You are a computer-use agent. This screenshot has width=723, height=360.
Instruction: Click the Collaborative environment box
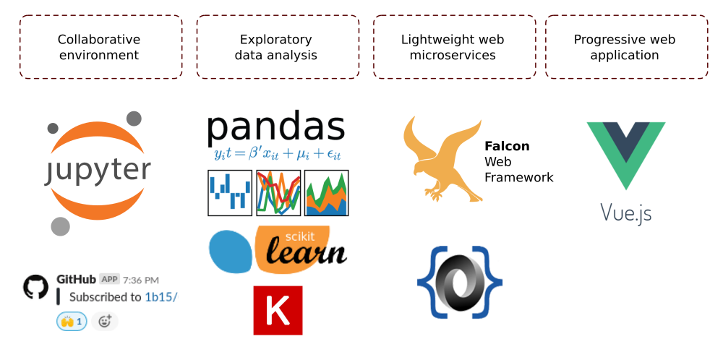click(100, 47)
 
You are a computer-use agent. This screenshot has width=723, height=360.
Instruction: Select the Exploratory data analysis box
click(277, 47)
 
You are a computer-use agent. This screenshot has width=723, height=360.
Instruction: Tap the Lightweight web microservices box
click(453, 47)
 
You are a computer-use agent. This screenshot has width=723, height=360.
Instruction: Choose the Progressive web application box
click(625, 47)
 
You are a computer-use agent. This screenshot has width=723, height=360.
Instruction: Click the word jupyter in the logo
click(98, 172)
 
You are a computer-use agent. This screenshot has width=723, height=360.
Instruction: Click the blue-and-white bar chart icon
click(230, 193)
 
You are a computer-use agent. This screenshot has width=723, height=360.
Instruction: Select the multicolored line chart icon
click(278, 193)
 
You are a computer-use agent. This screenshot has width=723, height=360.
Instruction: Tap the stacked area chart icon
click(326, 193)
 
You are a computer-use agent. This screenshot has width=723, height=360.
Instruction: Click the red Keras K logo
click(278, 310)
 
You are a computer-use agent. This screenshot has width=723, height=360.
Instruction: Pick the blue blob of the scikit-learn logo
click(231, 251)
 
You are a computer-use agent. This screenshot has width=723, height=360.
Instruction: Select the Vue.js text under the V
click(626, 213)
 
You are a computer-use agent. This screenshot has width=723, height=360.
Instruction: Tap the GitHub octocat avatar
click(35, 287)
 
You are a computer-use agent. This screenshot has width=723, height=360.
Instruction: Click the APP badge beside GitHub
click(109, 279)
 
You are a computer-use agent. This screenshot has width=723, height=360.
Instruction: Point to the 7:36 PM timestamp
click(141, 280)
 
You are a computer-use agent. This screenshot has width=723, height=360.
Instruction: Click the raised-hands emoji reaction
click(72, 321)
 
